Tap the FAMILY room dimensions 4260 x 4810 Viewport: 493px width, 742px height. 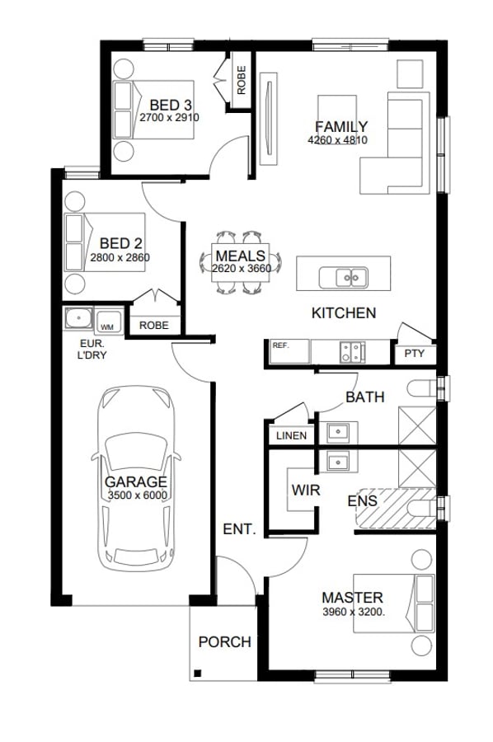coord(337,140)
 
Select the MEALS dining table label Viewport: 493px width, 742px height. coord(241,256)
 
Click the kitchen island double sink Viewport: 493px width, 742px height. coord(344,277)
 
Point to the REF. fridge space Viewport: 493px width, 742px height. coord(289,351)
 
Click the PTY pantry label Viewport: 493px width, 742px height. coord(415,354)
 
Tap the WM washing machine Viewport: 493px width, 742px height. coord(108,322)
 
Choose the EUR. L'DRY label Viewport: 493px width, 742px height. coord(92,350)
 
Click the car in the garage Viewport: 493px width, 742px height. coord(136,479)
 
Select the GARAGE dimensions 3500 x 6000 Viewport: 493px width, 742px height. coord(138,495)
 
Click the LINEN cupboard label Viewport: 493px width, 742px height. coord(292,435)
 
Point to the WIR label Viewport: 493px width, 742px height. coord(306,490)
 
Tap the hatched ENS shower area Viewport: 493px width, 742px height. coord(396,508)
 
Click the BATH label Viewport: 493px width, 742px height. coord(364,397)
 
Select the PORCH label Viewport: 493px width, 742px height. coord(225,642)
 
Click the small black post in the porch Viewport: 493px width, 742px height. coord(198,674)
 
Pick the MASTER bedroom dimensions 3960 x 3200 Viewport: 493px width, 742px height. coord(354,612)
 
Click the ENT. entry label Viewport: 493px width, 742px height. coord(239,529)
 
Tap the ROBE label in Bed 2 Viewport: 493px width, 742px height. coord(154,326)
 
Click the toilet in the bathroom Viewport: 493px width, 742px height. coord(421,389)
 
